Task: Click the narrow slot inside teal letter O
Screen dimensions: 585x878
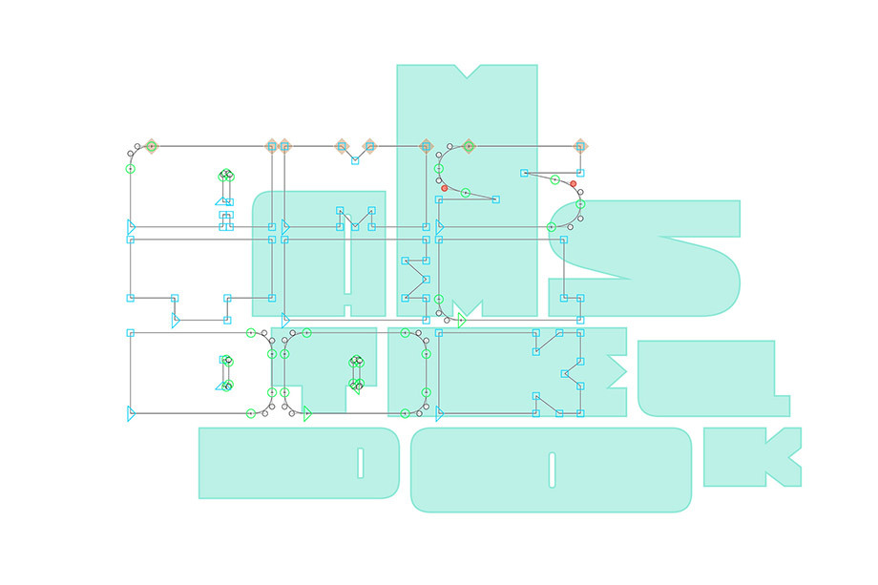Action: click(552, 469)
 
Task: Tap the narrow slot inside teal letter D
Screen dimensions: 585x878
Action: click(360, 463)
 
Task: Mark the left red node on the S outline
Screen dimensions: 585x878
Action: click(445, 188)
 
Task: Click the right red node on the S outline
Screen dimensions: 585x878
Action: click(574, 184)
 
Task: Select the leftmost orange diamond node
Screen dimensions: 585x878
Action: click(151, 146)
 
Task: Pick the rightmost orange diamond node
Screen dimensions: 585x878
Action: click(580, 146)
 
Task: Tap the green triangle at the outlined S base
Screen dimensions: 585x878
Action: click(461, 322)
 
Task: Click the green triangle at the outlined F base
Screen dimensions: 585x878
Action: click(307, 414)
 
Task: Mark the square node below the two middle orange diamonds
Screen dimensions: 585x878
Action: click(355, 160)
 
